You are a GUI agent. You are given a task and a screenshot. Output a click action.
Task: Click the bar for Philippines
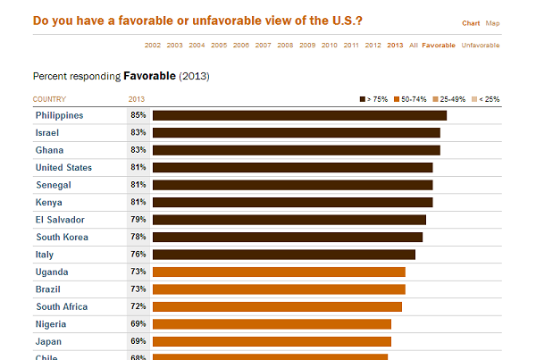pos(299,115)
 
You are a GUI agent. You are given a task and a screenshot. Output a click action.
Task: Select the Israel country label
pos(47,132)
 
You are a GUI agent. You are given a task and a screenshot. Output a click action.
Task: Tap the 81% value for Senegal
pos(138,185)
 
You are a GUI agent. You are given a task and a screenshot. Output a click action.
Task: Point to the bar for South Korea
pos(288,237)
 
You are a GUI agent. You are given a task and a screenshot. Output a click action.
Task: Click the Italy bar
pos(284,255)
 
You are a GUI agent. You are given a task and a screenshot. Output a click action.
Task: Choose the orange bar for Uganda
pos(279,272)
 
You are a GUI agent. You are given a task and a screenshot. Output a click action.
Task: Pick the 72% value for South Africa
pos(138,306)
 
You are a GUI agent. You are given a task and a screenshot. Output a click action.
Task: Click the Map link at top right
pos(493,23)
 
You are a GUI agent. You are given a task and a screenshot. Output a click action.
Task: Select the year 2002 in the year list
pos(153,45)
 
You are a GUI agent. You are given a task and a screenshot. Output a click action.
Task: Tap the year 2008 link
pos(285,45)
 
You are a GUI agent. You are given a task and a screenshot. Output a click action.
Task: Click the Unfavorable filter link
pos(481,45)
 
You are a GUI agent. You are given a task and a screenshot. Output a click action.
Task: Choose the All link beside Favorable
pos(414,45)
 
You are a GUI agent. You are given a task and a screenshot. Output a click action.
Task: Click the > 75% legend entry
pos(373,99)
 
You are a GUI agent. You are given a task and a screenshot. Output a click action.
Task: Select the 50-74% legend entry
pos(410,99)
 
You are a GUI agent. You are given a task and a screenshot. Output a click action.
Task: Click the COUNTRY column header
pos(49,99)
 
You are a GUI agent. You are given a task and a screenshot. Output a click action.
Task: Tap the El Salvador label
pos(60,220)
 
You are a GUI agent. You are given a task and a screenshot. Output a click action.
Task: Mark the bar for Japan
pos(272,341)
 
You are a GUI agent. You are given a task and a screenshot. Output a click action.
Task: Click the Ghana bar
pos(296,150)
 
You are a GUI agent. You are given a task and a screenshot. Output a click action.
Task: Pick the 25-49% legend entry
pos(449,99)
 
